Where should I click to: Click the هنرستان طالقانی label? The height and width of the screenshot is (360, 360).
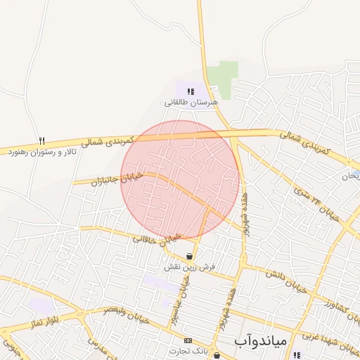(x=191, y=103)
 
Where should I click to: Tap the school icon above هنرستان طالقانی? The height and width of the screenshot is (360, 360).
(x=191, y=91)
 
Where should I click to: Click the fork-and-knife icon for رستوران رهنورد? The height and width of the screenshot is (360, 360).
(x=41, y=141)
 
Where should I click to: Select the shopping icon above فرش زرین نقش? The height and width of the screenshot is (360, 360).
(x=189, y=256)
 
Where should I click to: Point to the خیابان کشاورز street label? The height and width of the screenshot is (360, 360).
(x=330, y=306)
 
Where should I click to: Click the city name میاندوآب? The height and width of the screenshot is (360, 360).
(x=260, y=340)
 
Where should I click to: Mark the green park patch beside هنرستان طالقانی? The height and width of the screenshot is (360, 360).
(x=224, y=79)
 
